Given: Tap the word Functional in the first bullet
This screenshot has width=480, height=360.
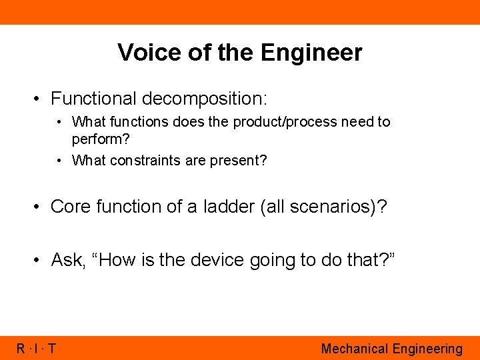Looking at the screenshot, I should tap(93, 99).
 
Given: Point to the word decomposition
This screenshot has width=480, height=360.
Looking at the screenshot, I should tap(204, 99).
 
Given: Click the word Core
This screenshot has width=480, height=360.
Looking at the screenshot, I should tap(71, 207).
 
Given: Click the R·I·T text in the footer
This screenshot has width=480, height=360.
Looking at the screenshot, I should tap(36, 348).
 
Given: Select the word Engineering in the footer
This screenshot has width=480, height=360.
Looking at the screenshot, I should tap(427, 348).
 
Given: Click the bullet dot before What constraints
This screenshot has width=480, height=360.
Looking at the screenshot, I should tap(60, 160).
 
